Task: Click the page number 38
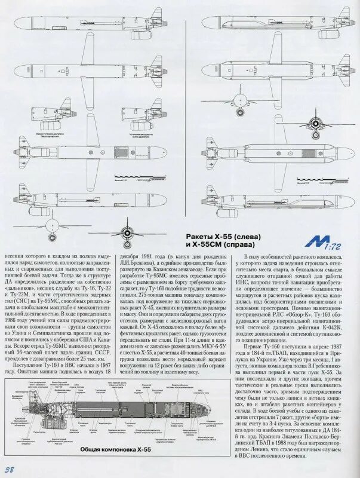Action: pyautogui.click(x=10, y=469)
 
